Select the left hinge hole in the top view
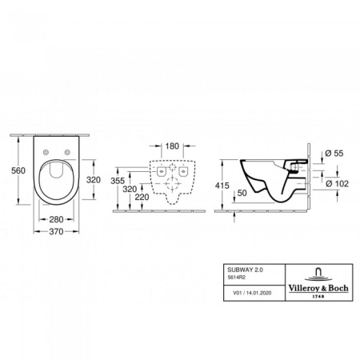[x=45, y=152]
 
